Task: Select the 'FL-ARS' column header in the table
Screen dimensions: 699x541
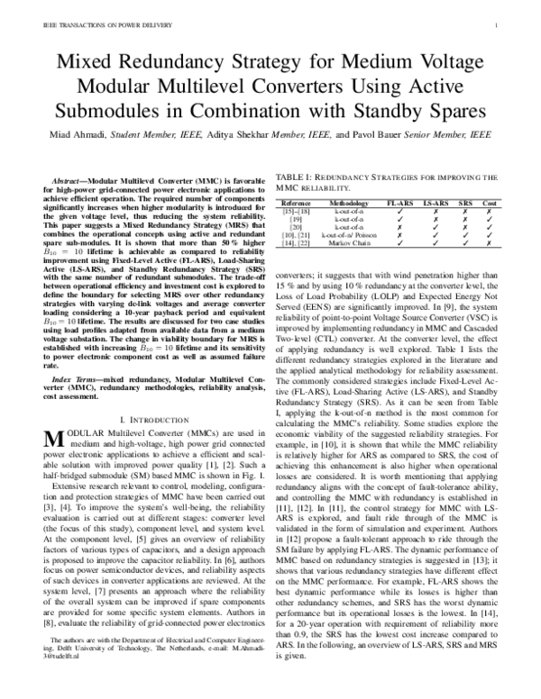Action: [399, 204]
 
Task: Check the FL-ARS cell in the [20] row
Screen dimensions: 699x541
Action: [399, 226]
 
